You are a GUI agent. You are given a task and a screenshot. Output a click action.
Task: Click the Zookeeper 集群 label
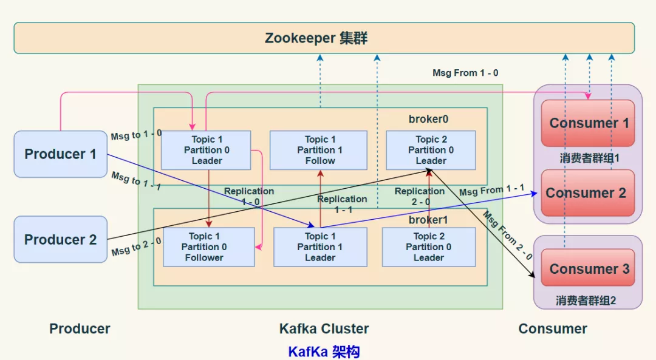[x=316, y=38]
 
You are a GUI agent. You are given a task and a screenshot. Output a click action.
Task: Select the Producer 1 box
[x=60, y=154]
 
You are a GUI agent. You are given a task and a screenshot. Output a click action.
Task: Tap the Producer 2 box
[x=60, y=240]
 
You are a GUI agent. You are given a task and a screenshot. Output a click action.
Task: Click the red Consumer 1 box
[x=588, y=123]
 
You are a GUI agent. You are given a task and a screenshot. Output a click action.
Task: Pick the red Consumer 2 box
[x=586, y=193]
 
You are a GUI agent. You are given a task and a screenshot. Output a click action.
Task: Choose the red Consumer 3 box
[x=589, y=268]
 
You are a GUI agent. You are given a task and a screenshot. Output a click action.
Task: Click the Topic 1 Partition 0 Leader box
[x=207, y=150]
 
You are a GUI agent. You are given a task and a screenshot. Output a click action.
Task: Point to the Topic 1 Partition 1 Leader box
[x=319, y=247]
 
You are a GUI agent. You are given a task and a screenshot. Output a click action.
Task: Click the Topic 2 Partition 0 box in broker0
[x=431, y=150]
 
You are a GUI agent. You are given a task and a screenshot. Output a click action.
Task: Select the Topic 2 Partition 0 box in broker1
[x=428, y=247]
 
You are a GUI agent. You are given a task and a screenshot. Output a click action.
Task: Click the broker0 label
[x=428, y=119]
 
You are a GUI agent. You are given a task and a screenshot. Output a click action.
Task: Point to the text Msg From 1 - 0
[x=465, y=73]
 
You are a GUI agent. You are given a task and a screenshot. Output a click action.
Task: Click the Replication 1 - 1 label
[x=342, y=204]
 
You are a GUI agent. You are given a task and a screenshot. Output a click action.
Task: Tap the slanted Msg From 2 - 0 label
[x=508, y=236]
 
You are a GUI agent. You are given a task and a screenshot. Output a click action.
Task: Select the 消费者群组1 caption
[x=589, y=158]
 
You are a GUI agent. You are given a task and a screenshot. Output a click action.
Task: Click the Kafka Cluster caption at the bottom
[x=324, y=329]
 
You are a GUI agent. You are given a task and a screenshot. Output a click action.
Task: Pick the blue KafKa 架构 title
[x=324, y=352]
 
